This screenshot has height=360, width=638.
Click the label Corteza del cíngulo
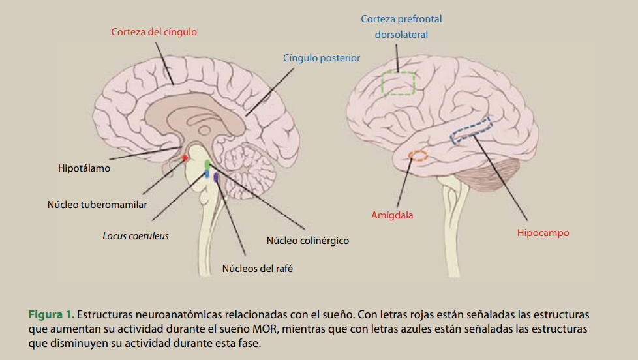[154, 31]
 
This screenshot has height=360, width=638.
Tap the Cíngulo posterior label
[322, 58]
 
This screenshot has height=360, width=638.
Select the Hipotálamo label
[84, 168]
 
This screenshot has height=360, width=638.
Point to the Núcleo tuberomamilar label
[97, 204]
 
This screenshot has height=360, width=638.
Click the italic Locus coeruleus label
[136, 235]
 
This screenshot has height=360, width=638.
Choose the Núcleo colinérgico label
[307, 241]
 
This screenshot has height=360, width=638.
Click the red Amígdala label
[392, 215]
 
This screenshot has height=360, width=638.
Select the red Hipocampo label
[543, 233]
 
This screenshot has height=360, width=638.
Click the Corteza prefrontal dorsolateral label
[401, 27]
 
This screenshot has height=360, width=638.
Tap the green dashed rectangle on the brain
[399, 83]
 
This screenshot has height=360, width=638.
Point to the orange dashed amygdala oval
[418, 156]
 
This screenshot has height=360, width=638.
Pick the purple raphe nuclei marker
[216, 177]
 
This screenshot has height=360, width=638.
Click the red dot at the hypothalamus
[185, 157]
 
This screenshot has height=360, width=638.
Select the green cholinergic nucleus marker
[207, 164]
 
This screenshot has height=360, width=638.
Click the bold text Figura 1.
[51, 314]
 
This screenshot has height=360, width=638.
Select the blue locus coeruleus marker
[206, 173]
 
